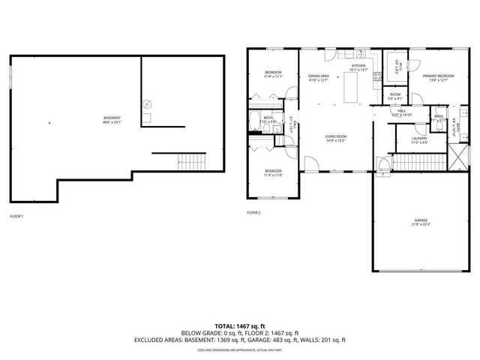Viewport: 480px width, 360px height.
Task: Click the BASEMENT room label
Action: pyautogui.click(x=112, y=119)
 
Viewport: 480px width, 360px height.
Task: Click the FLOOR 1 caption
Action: pyautogui.click(x=16, y=216)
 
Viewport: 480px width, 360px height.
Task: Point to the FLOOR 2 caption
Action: pyautogui.click(x=253, y=212)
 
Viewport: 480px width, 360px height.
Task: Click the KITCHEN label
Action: pyautogui.click(x=359, y=67)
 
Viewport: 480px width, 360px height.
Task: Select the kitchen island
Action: pyautogui.click(x=351, y=90)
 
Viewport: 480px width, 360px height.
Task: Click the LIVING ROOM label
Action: pyautogui.click(x=335, y=137)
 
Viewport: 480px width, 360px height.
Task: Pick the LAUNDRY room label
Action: pyautogui.click(x=419, y=140)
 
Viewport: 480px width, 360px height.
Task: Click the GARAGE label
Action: pyautogui.click(x=419, y=222)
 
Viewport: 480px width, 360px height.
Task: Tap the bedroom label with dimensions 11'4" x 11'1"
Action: pyautogui.click(x=272, y=73)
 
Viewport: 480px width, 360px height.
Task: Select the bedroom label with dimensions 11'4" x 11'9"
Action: pyautogui.click(x=272, y=173)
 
